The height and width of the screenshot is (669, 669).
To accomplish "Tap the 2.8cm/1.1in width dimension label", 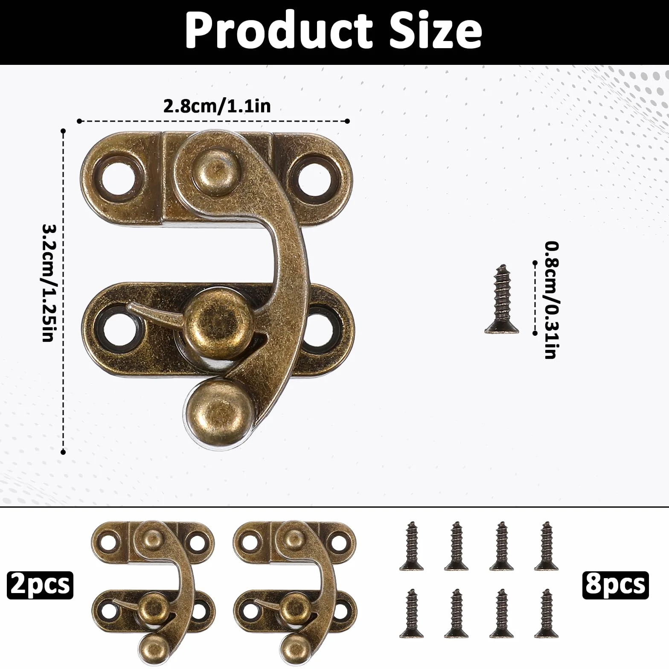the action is click(217, 106).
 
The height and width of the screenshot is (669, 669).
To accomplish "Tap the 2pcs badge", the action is click(40, 585).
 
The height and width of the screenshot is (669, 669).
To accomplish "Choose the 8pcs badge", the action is click(615, 585).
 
